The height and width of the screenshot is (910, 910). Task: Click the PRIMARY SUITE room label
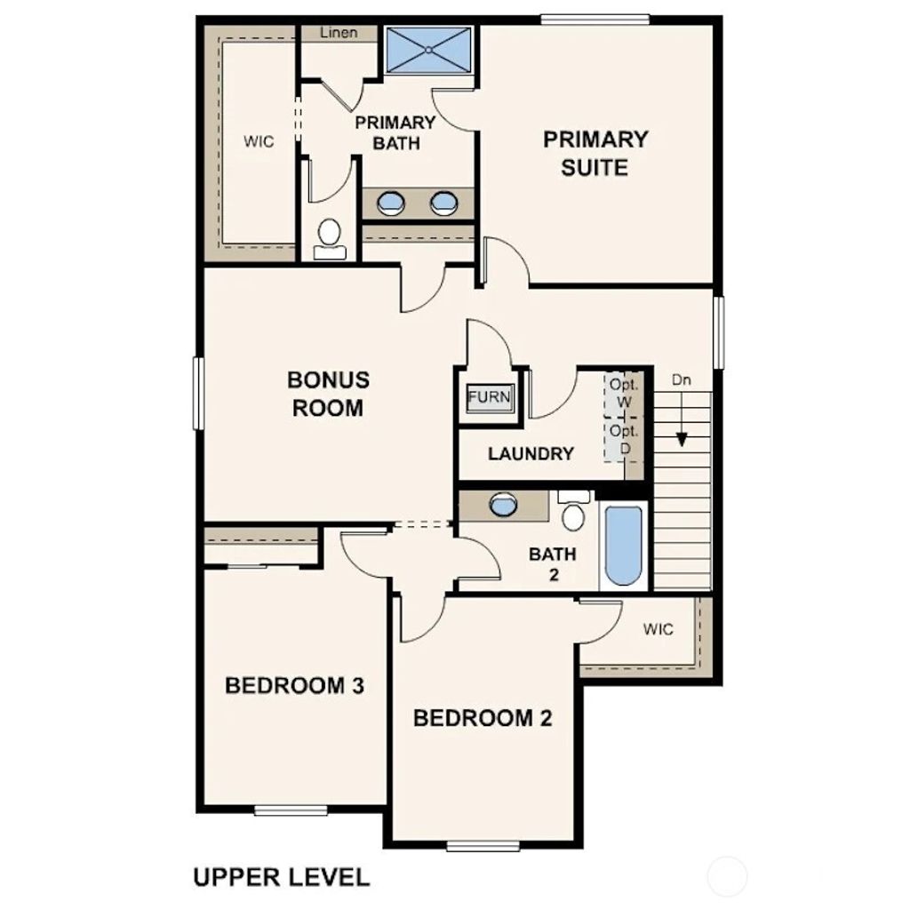pyautogui.click(x=595, y=153)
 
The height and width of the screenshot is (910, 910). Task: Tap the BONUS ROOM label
pyautogui.click(x=328, y=394)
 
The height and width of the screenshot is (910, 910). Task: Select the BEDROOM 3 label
pyautogui.click(x=295, y=686)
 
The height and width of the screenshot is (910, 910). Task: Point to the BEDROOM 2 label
pyautogui.click(x=483, y=718)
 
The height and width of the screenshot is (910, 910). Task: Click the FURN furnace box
pyautogui.click(x=490, y=396)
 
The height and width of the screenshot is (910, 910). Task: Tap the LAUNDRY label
pyautogui.click(x=531, y=453)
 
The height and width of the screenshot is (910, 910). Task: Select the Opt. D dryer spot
pyautogui.click(x=625, y=440)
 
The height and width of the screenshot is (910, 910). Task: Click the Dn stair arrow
pyautogui.click(x=682, y=418)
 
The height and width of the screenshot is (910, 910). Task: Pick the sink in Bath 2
pyautogui.click(x=502, y=506)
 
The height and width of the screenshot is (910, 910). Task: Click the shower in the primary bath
pyautogui.click(x=430, y=52)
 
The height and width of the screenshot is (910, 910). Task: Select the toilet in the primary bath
pyautogui.click(x=330, y=235)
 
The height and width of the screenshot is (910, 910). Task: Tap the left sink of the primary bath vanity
pyautogui.click(x=390, y=204)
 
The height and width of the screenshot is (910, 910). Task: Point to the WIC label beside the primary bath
pyautogui.click(x=259, y=141)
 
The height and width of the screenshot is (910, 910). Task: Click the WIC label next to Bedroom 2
pyautogui.click(x=659, y=630)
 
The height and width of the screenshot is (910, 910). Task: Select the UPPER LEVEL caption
pyautogui.click(x=281, y=878)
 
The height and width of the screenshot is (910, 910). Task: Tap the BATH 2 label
pyautogui.click(x=553, y=563)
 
